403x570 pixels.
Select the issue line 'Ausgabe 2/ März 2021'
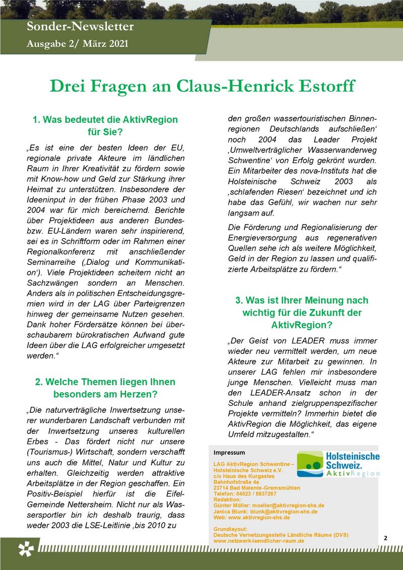(78, 44)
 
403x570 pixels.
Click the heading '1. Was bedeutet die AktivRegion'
(105, 120)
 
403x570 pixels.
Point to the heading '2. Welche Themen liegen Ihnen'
(105, 382)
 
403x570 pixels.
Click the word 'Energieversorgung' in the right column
(261, 238)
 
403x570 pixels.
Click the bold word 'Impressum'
(229, 453)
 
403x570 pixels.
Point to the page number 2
(385, 538)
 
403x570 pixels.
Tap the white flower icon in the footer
(25, 549)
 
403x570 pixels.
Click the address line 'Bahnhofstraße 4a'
(237, 482)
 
